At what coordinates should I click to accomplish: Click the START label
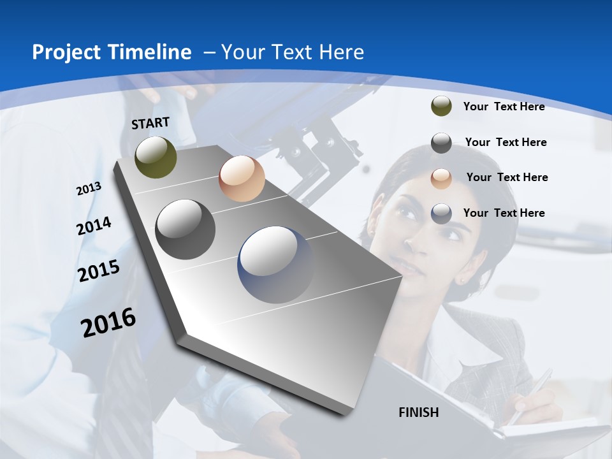[x=150, y=123]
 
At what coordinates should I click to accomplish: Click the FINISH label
[x=419, y=412]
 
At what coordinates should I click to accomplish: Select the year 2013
[x=89, y=189]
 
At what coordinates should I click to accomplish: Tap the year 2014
[x=94, y=226]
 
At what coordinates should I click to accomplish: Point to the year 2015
[x=99, y=271]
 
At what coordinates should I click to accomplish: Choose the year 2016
[x=108, y=323]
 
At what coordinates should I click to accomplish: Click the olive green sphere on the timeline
[x=156, y=157]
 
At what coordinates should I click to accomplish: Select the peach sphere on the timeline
[x=242, y=178]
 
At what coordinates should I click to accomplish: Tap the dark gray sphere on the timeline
[x=186, y=229]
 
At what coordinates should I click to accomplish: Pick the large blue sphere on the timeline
[x=275, y=265]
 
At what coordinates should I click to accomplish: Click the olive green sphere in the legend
[x=441, y=106]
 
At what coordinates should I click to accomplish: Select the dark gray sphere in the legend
[x=441, y=143]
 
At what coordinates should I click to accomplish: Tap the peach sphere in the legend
[x=441, y=178]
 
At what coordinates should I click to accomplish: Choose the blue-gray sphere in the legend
[x=441, y=214]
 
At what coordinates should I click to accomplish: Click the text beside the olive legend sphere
[x=504, y=106]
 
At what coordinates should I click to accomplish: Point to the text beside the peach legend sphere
[x=507, y=177]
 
